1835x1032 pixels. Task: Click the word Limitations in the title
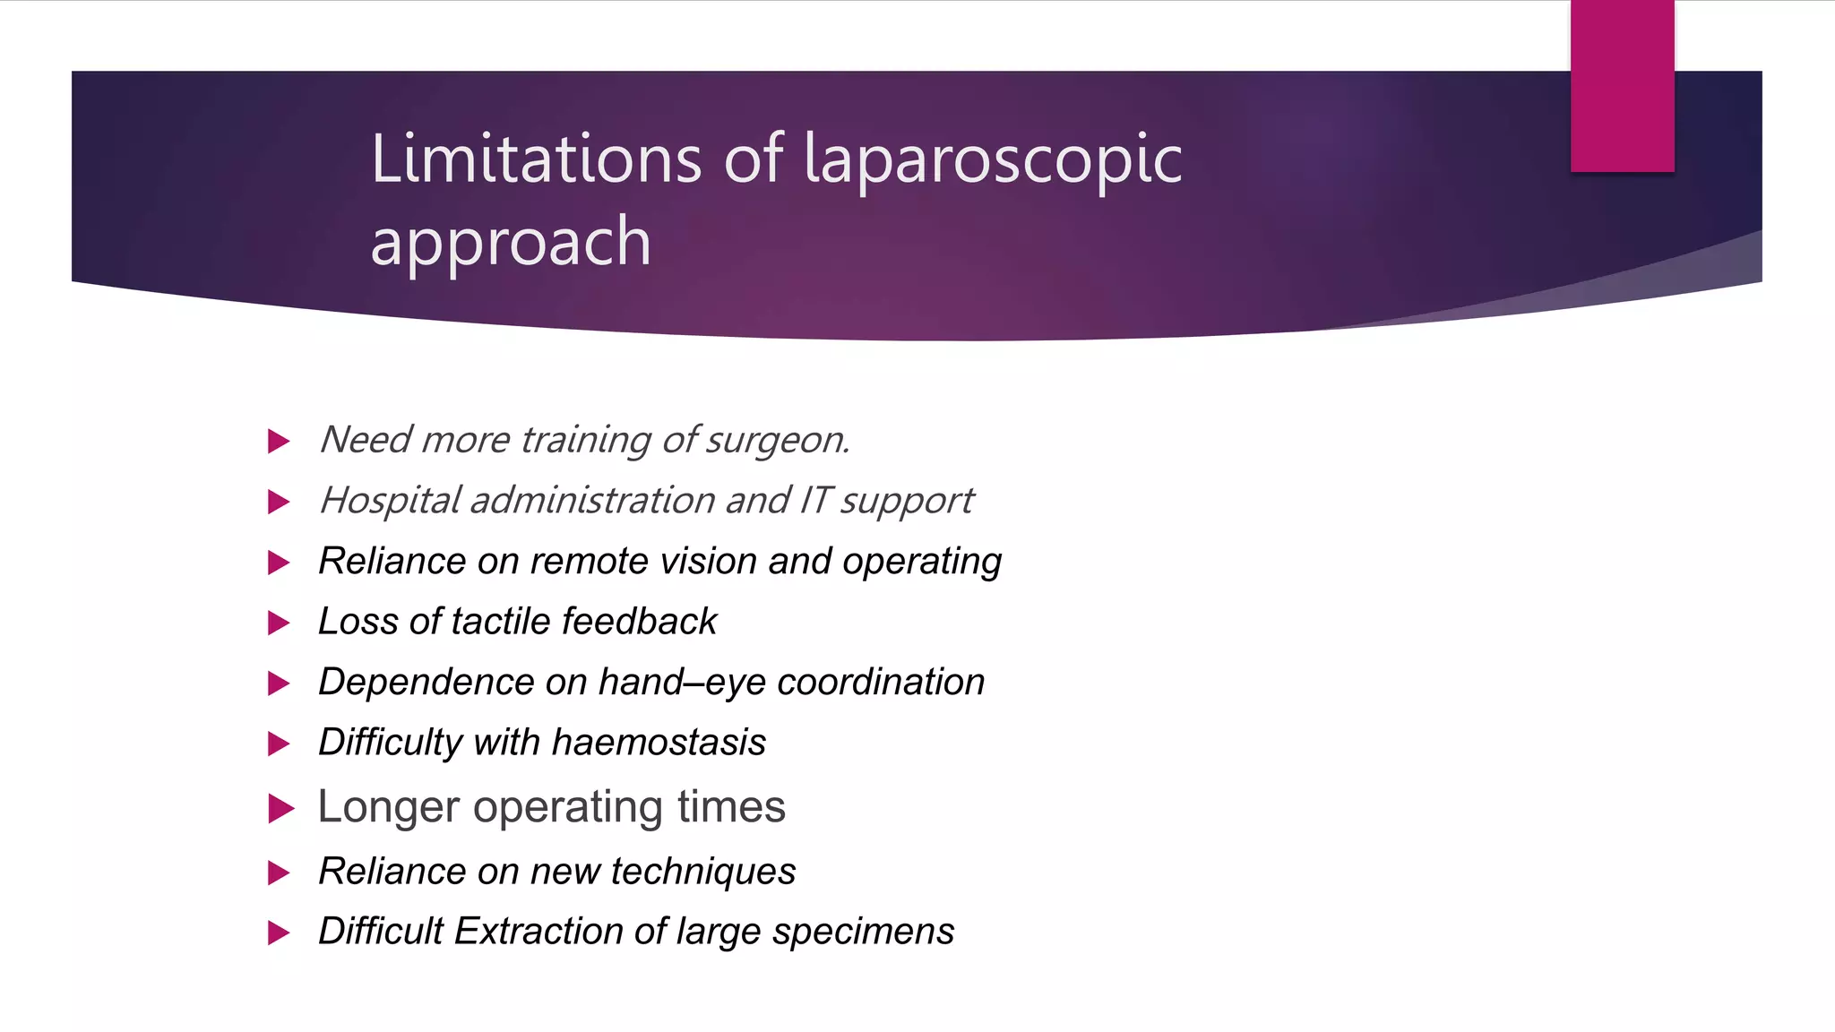[x=535, y=159]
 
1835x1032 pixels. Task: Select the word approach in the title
[x=510, y=242]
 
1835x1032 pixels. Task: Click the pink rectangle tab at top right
[x=1622, y=86]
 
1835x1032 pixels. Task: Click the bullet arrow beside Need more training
[x=279, y=441]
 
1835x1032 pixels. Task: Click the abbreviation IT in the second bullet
[x=814, y=500]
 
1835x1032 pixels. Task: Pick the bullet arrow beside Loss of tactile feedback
[x=279, y=623]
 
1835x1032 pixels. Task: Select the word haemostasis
[x=659, y=743]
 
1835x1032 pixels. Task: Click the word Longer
[x=389, y=807]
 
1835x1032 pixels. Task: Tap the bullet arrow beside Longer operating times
[x=280, y=809]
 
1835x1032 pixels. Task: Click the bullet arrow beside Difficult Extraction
[x=279, y=933]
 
